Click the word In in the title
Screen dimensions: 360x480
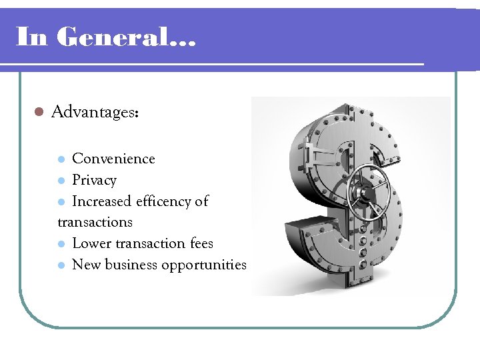pos(31,37)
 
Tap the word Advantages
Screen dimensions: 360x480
pos(94,112)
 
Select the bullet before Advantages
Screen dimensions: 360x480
pos(39,112)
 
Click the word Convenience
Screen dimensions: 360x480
pos(113,159)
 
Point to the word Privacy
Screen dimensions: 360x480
pos(94,180)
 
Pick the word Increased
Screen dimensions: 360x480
pos(103,201)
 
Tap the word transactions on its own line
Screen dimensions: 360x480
pos(95,222)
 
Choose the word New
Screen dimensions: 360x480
pos(85,265)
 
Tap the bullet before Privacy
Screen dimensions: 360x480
pos(61,181)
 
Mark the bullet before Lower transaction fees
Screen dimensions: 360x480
pos(61,244)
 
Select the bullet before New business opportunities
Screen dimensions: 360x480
pos(61,265)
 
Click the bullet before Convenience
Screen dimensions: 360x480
pos(61,159)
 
